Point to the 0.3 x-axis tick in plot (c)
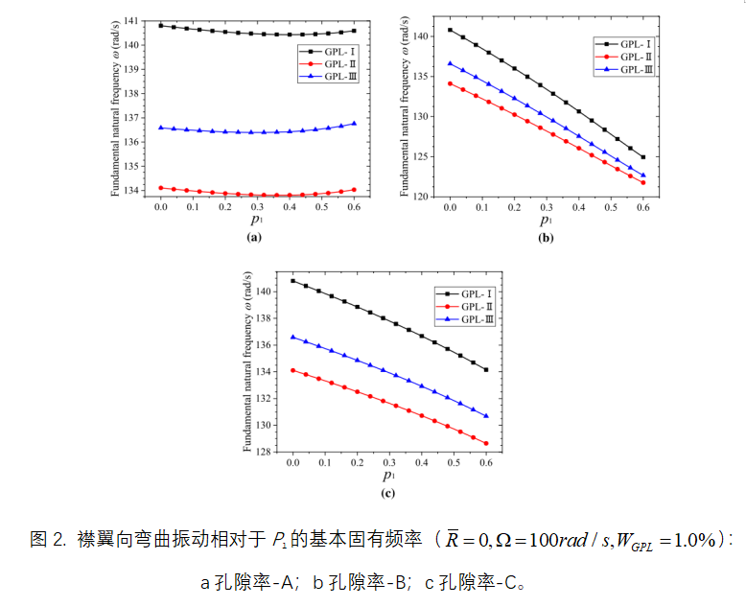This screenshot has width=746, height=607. (x=389, y=462)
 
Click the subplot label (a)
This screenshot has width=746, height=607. (x=254, y=236)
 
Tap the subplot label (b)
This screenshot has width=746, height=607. (x=546, y=237)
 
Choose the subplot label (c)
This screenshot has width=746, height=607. (x=388, y=493)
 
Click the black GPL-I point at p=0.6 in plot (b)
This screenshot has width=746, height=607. (x=642, y=157)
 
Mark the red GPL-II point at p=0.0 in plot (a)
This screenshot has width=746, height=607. (x=161, y=188)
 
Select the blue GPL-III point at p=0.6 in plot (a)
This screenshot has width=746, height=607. (x=354, y=123)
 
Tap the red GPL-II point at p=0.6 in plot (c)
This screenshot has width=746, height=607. (x=486, y=443)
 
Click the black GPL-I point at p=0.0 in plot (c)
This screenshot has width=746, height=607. (x=292, y=281)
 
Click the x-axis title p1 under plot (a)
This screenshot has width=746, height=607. (x=255, y=221)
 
